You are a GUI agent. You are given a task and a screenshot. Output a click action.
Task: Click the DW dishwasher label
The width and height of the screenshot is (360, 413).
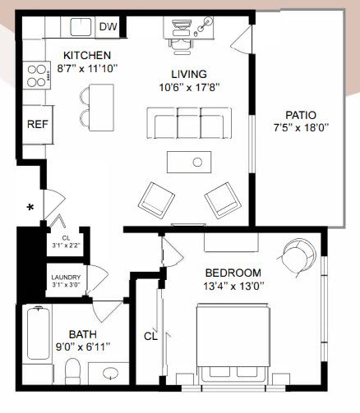tap(108, 27)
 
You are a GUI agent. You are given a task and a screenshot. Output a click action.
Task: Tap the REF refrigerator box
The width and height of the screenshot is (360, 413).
tap(37, 125)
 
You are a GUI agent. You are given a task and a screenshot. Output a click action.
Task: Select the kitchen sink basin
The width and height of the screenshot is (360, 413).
tap(81, 27)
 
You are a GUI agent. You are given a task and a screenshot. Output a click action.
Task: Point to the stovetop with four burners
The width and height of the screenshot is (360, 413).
tap(37, 75)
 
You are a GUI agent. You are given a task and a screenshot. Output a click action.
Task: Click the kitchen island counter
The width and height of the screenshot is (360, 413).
tap(101, 108)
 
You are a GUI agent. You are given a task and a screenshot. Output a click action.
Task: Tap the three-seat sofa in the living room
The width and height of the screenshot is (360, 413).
tap(189, 123)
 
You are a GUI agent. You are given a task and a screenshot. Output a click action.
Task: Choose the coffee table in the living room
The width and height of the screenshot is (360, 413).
tap(189, 162)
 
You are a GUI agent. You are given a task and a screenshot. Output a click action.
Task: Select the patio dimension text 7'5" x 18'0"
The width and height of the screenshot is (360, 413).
tap(301, 127)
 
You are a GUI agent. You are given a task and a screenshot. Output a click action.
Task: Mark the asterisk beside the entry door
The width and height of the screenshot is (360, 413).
tap(30, 208)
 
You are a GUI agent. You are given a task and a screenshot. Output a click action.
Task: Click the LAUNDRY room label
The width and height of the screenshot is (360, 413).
tap(66, 278)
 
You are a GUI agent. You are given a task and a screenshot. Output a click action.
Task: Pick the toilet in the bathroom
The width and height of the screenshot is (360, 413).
tap(73, 370)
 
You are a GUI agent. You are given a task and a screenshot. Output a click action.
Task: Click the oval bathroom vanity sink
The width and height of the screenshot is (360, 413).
tap(111, 373)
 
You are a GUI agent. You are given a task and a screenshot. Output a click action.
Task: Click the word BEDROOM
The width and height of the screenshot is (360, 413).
tap(233, 273)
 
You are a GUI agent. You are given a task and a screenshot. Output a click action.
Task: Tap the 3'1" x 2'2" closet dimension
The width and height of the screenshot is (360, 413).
tap(66, 246)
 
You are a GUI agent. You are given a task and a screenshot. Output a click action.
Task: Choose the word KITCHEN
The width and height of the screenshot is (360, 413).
tap(87, 55)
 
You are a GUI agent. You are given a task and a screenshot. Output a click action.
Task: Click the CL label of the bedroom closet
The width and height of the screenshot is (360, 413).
tap(150, 336)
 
